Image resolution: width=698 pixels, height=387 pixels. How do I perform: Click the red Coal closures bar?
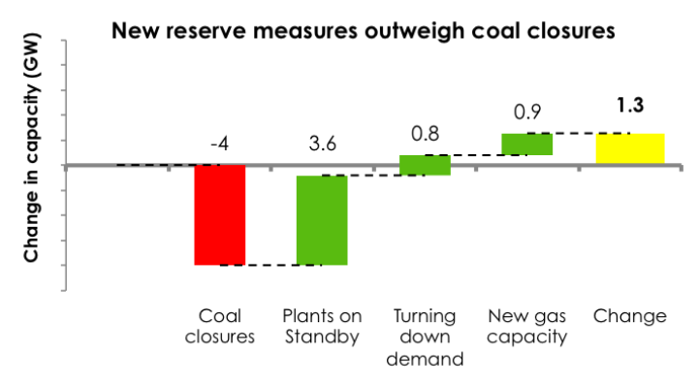tap(220, 214)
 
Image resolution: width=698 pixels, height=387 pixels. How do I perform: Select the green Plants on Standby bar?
tap(322, 220)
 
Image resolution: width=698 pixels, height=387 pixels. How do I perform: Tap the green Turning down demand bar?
tap(425, 165)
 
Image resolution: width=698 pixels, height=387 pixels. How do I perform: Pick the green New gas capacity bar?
tap(526, 144)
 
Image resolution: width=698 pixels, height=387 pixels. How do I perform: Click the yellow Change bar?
tap(629, 148)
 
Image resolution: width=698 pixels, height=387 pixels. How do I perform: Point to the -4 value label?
tap(220, 145)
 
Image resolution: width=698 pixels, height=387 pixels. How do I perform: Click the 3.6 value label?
tap(322, 145)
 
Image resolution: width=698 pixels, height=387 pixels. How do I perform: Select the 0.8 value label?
tap(425, 130)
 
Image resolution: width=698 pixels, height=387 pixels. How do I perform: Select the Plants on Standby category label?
tap(322, 327)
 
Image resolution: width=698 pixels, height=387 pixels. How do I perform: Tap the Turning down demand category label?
tap(425, 338)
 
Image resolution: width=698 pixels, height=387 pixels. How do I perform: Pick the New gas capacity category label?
tap(526, 327)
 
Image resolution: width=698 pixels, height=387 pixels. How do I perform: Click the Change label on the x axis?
tap(629, 316)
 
